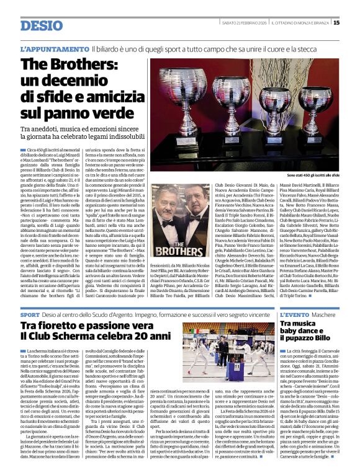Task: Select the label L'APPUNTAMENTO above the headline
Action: click(x=54, y=48)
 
